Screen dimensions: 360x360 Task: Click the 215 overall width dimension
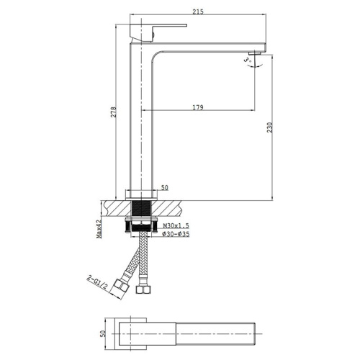coord(198,12)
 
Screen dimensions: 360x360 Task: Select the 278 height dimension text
coord(113,112)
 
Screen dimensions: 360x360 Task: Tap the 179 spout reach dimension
coord(198,107)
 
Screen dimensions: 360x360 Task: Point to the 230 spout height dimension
coord(270,127)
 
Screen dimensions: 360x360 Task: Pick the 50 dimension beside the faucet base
coord(165,187)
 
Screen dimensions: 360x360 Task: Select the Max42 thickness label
coord(99,229)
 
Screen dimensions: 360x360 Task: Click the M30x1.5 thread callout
coord(176,226)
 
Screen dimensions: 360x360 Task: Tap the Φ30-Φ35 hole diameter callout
coord(176,234)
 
